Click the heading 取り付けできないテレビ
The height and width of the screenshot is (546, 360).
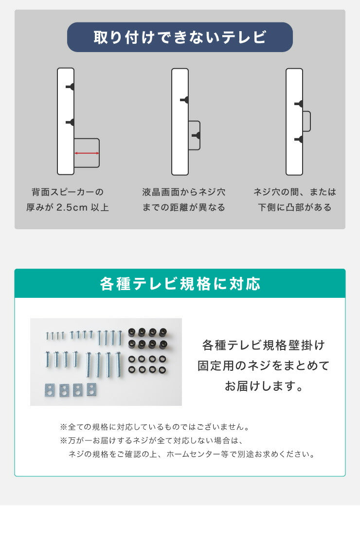pyautogui.click(x=180, y=37)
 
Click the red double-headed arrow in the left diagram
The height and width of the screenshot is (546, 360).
pyautogui.click(x=87, y=153)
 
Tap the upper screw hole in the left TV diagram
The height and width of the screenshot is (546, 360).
pyautogui.click(x=71, y=87)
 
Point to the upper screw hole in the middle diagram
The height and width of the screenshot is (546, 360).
pyautogui.click(x=185, y=100)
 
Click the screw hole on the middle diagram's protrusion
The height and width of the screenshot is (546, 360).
pyautogui.click(x=197, y=135)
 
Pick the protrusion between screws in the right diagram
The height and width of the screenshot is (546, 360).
pyautogui.click(x=306, y=121)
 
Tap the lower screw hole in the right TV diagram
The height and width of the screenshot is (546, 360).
pyautogui.click(x=300, y=140)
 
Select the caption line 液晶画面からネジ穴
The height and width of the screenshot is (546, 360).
pyautogui.click(x=184, y=192)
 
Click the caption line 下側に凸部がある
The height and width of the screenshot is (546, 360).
pyautogui.click(x=295, y=208)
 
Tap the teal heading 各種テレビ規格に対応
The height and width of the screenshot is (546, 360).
pyautogui.click(x=180, y=284)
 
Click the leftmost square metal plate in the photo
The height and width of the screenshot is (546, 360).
pyautogui.click(x=49, y=389)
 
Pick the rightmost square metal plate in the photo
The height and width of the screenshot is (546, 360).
pyautogui.click(x=91, y=389)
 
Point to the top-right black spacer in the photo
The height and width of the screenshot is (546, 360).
pyautogui.click(x=162, y=332)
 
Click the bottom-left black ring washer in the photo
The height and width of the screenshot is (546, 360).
pyautogui.click(x=132, y=370)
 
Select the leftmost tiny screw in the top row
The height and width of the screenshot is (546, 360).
pyautogui.click(x=48, y=336)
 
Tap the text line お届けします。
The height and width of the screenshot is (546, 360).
pyautogui.click(x=264, y=386)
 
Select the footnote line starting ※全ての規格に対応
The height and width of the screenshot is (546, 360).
pyautogui.click(x=155, y=427)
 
